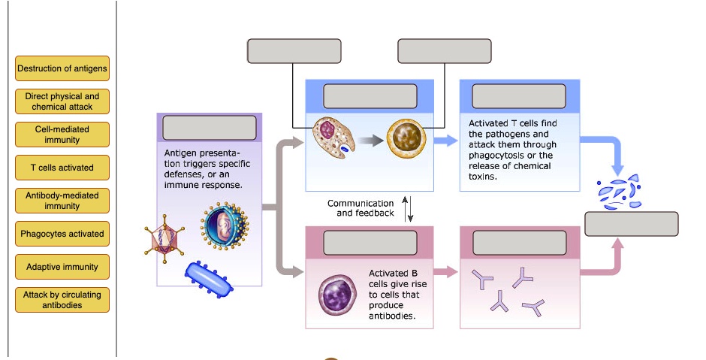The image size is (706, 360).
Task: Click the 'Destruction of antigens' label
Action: pos(62,68)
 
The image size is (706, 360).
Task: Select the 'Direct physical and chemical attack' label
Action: pos(62,101)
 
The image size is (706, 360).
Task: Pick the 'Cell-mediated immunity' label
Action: pos(62,135)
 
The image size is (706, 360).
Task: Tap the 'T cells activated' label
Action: pos(62,168)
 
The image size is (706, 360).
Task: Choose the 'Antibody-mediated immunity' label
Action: pos(62,201)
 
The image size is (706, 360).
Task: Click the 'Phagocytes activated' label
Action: pos(62,234)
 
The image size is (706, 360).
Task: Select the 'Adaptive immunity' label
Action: pos(62,267)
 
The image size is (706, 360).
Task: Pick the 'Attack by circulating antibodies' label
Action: pos(62,300)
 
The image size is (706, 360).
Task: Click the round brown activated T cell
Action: pos(406,139)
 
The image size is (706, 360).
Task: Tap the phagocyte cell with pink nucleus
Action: pos(333,137)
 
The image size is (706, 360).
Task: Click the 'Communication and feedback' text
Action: pos(361,208)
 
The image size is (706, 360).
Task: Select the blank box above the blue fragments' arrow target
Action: pos(631,224)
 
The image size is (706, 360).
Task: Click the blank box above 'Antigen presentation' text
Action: pos(209,129)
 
